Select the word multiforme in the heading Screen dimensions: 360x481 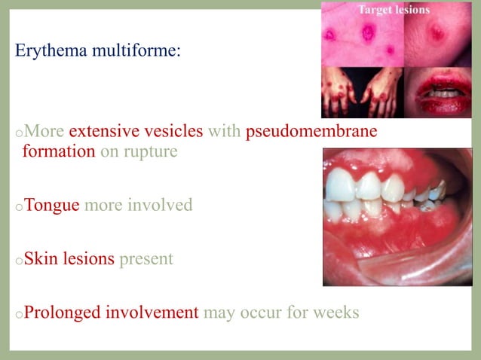pyautogui.click(x=136, y=53)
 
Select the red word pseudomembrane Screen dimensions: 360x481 pyautogui.click(x=311, y=132)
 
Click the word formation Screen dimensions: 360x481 pyautogui.click(x=59, y=151)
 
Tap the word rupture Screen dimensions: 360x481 pyautogui.click(x=152, y=151)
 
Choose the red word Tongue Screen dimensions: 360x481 pyautogui.click(x=52, y=205)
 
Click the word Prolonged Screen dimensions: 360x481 pyautogui.click(x=61, y=312)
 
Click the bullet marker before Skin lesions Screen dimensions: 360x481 pyautogui.click(x=18, y=261)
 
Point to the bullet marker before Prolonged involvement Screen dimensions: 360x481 pyautogui.click(x=18, y=314)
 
